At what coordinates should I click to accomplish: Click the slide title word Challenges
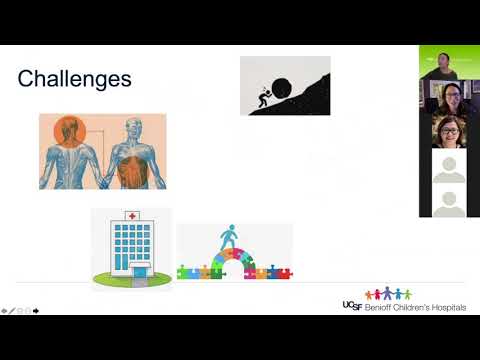click(75, 78)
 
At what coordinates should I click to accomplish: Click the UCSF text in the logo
click(351, 305)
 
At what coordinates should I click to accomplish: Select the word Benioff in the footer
click(377, 307)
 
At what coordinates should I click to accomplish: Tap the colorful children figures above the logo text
click(387, 294)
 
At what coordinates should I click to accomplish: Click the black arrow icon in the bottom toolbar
click(35, 310)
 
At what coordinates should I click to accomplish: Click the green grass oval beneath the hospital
click(130, 277)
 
